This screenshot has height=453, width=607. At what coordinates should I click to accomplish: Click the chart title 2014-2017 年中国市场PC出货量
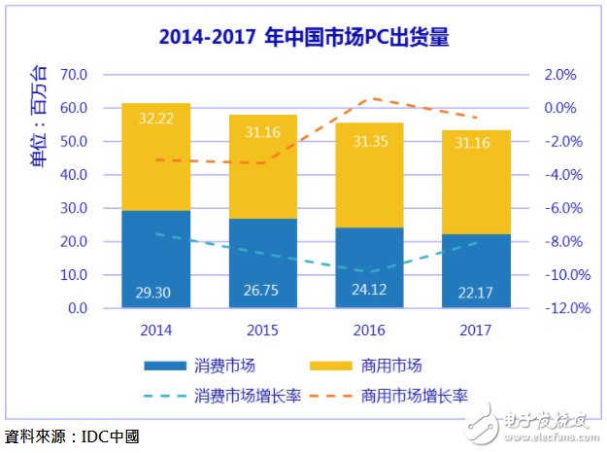click(302, 39)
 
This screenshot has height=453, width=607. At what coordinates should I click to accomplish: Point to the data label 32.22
click(155, 118)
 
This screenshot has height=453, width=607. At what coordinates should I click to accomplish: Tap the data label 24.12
click(369, 292)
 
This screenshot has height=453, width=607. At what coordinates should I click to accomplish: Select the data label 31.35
click(369, 141)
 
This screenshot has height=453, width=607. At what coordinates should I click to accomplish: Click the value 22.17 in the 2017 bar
click(476, 292)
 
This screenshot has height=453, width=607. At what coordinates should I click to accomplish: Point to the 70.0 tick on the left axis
click(74, 75)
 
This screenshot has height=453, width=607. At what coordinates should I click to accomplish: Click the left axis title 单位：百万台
click(40, 116)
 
